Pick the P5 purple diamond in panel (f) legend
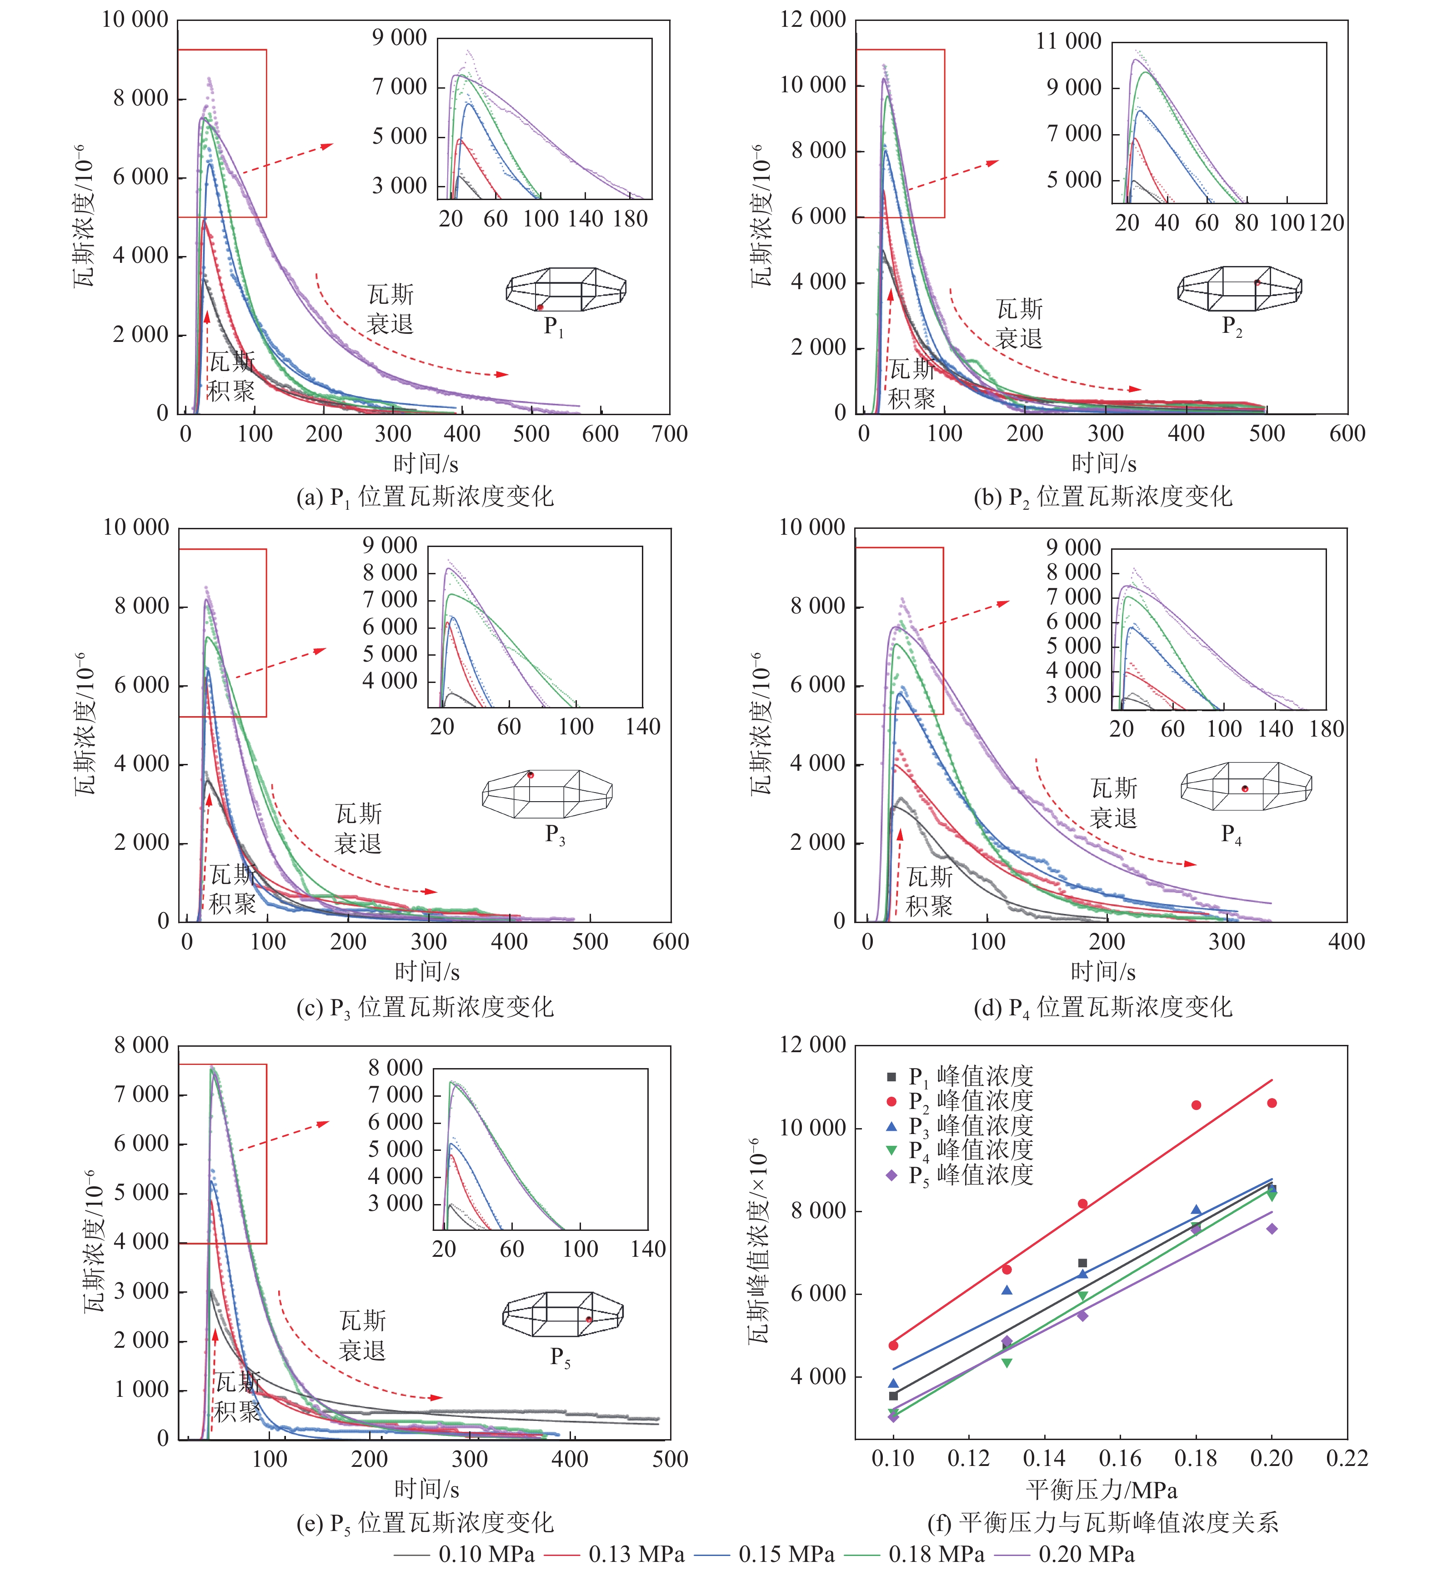click(x=892, y=1175)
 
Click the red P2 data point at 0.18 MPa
click(x=1196, y=1105)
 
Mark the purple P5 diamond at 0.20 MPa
click(x=1272, y=1229)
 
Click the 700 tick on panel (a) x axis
click(x=669, y=434)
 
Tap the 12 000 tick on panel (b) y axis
click(x=813, y=20)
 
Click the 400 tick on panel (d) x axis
click(x=1346, y=942)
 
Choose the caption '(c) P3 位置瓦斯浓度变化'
click(x=425, y=1008)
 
